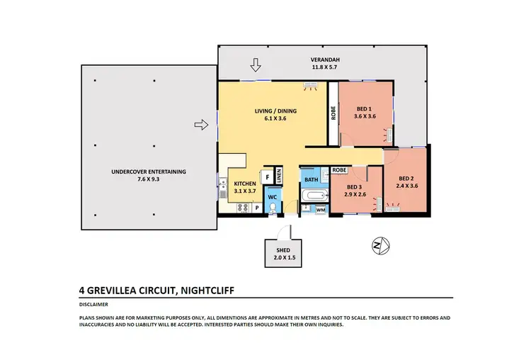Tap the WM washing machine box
coord(320,210)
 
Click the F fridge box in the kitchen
coord(268,176)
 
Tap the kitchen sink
coord(222,187)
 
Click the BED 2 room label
coord(406,179)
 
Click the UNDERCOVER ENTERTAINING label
coord(148,171)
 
